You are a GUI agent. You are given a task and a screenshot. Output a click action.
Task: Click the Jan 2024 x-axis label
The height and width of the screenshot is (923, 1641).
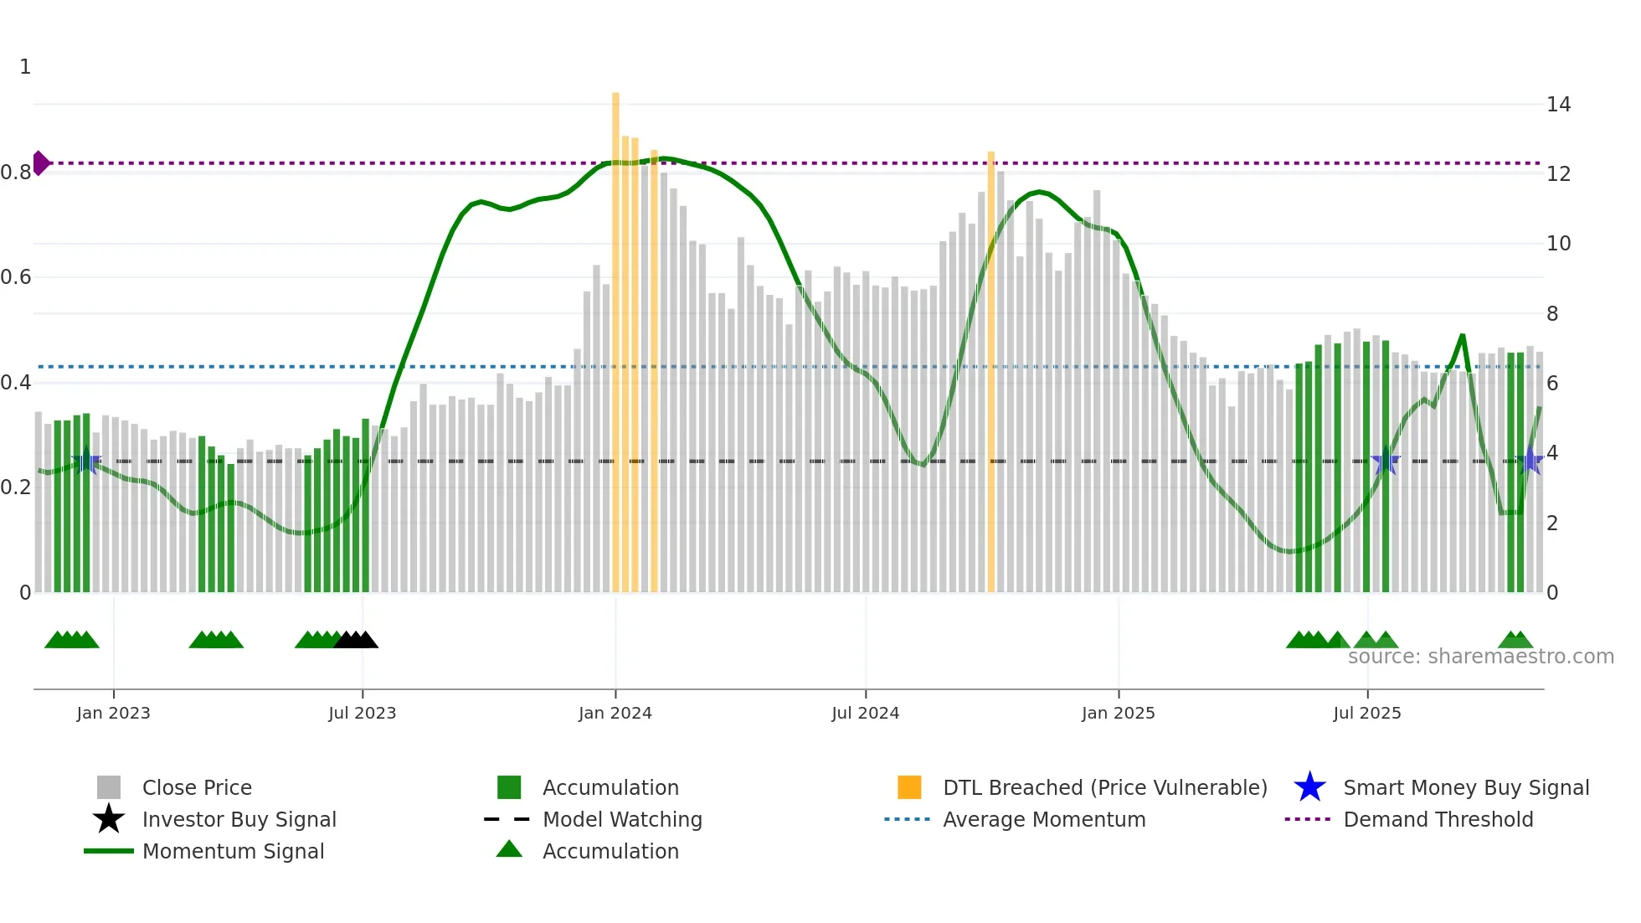[x=615, y=713]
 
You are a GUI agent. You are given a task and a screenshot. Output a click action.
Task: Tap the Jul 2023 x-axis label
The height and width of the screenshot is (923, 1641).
[x=362, y=713]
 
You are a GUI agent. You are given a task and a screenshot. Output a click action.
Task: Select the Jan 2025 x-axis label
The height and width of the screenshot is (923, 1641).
[x=1118, y=713]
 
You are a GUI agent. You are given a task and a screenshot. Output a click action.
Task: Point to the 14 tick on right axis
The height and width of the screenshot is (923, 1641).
[x=1558, y=105]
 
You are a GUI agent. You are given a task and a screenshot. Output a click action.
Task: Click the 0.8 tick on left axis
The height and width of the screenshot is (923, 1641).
[x=16, y=173]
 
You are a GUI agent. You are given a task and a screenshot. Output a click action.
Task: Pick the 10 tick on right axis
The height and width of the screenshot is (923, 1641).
[x=1558, y=244]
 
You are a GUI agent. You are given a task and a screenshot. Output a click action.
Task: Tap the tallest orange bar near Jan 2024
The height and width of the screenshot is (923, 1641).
[x=615, y=335]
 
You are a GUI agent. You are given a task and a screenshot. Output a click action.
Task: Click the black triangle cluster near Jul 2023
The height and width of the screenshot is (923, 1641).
[x=356, y=640]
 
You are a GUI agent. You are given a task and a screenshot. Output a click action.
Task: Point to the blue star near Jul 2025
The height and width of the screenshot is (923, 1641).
[x=1386, y=461]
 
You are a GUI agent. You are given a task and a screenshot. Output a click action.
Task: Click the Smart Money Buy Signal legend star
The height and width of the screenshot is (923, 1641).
[x=1309, y=787]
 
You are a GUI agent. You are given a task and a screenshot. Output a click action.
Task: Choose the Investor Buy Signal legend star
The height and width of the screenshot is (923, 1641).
[x=109, y=819]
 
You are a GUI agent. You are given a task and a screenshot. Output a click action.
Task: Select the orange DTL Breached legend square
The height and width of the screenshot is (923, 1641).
[x=908, y=787]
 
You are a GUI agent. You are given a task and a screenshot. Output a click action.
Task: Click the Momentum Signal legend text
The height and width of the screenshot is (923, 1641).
[x=233, y=851]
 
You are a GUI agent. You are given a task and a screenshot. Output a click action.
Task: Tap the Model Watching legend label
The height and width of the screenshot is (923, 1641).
[x=622, y=819]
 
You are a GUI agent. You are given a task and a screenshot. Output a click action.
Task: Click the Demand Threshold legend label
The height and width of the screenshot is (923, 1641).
[x=1438, y=819]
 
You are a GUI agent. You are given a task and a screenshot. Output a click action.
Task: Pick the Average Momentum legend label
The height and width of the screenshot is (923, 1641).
[x=1043, y=819]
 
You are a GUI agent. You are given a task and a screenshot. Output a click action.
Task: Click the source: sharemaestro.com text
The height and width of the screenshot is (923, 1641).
[x=1480, y=657]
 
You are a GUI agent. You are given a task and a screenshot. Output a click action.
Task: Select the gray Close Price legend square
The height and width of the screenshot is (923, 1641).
[x=109, y=787]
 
